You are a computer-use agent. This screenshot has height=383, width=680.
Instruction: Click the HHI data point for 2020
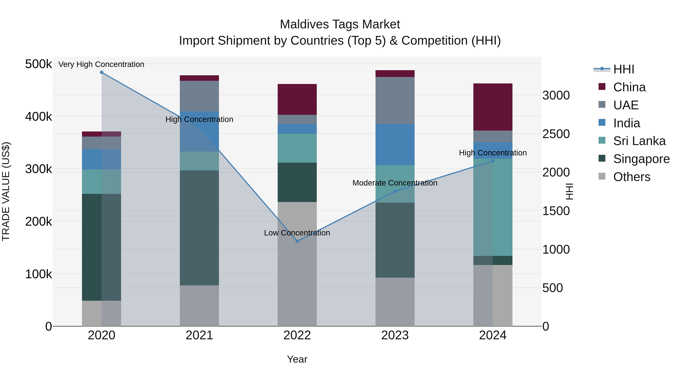click(102, 72)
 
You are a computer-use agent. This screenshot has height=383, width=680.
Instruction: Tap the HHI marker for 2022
click(297, 241)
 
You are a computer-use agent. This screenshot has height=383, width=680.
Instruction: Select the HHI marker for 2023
click(395, 191)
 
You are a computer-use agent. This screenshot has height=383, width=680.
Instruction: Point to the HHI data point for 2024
click(493, 161)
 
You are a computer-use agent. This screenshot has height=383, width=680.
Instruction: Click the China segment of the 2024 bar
click(493, 107)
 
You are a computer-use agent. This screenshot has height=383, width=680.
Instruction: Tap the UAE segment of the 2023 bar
click(395, 100)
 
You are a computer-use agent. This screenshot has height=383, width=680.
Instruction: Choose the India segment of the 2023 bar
click(395, 144)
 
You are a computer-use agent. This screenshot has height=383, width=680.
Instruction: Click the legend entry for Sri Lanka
click(639, 141)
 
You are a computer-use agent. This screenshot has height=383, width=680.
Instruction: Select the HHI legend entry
click(623, 69)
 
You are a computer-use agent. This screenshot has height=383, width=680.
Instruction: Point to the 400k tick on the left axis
click(39, 117)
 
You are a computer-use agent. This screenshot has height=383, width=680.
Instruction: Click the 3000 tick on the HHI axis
click(556, 96)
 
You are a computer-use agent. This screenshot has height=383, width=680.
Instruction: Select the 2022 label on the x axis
click(297, 335)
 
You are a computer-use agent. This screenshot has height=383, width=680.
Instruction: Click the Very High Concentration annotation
click(101, 64)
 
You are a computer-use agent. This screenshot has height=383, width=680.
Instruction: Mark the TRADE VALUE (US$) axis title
click(6, 191)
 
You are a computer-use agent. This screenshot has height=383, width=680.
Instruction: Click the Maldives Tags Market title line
click(340, 24)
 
